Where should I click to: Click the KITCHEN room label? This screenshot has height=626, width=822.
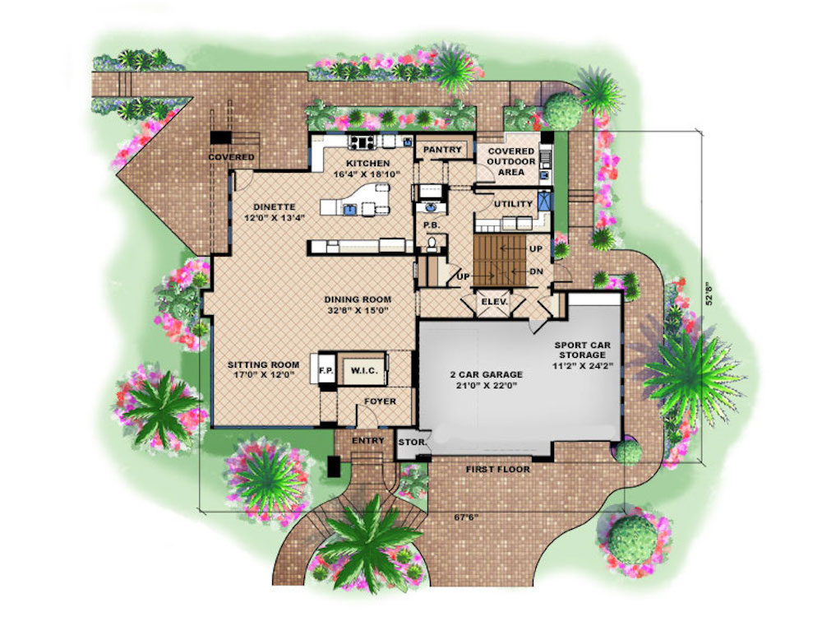(x=367, y=164)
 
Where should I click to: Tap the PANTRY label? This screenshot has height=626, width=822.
(x=442, y=150)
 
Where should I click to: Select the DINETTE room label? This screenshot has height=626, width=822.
(x=275, y=206)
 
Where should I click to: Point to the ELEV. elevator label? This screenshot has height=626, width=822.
(x=494, y=302)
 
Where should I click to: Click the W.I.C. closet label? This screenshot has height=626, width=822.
(x=364, y=371)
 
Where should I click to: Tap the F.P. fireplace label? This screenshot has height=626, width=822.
(x=326, y=371)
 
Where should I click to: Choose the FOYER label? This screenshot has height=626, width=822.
(x=380, y=401)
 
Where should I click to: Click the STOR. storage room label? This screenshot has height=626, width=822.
(x=412, y=443)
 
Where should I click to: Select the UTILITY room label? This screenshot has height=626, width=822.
(x=513, y=204)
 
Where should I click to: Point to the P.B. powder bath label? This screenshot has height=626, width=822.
(x=432, y=225)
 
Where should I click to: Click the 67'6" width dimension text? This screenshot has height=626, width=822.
(x=466, y=517)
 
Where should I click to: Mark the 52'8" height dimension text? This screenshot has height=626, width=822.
(x=709, y=294)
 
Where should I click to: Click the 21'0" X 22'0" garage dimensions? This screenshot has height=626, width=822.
(x=486, y=385)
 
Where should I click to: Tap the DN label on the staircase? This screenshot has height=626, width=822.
(x=536, y=271)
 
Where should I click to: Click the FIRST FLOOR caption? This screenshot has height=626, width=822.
(x=498, y=469)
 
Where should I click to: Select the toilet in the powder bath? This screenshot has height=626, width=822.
(x=432, y=244)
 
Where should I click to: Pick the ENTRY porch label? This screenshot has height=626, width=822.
(x=368, y=441)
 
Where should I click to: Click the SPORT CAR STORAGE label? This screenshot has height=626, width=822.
(x=583, y=350)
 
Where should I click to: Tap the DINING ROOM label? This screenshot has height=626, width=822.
(x=358, y=299)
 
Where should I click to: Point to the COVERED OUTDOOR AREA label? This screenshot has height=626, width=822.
(x=511, y=161)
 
